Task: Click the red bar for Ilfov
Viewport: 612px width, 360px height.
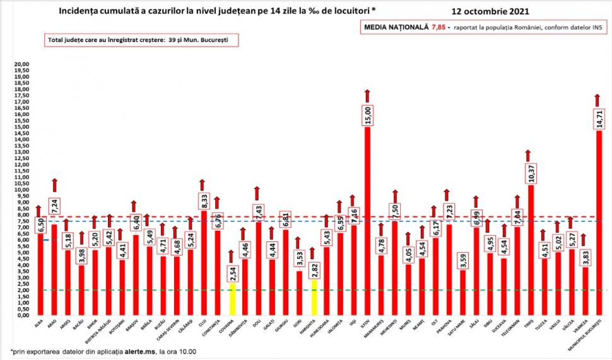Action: pos(367,221)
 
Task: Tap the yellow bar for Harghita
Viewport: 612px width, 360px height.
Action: pos(313,297)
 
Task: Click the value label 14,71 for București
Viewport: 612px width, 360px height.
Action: pos(600,117)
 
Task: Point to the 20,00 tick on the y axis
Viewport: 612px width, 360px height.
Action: pos(22,64)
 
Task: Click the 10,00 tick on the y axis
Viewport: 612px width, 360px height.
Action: pos(22,190)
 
